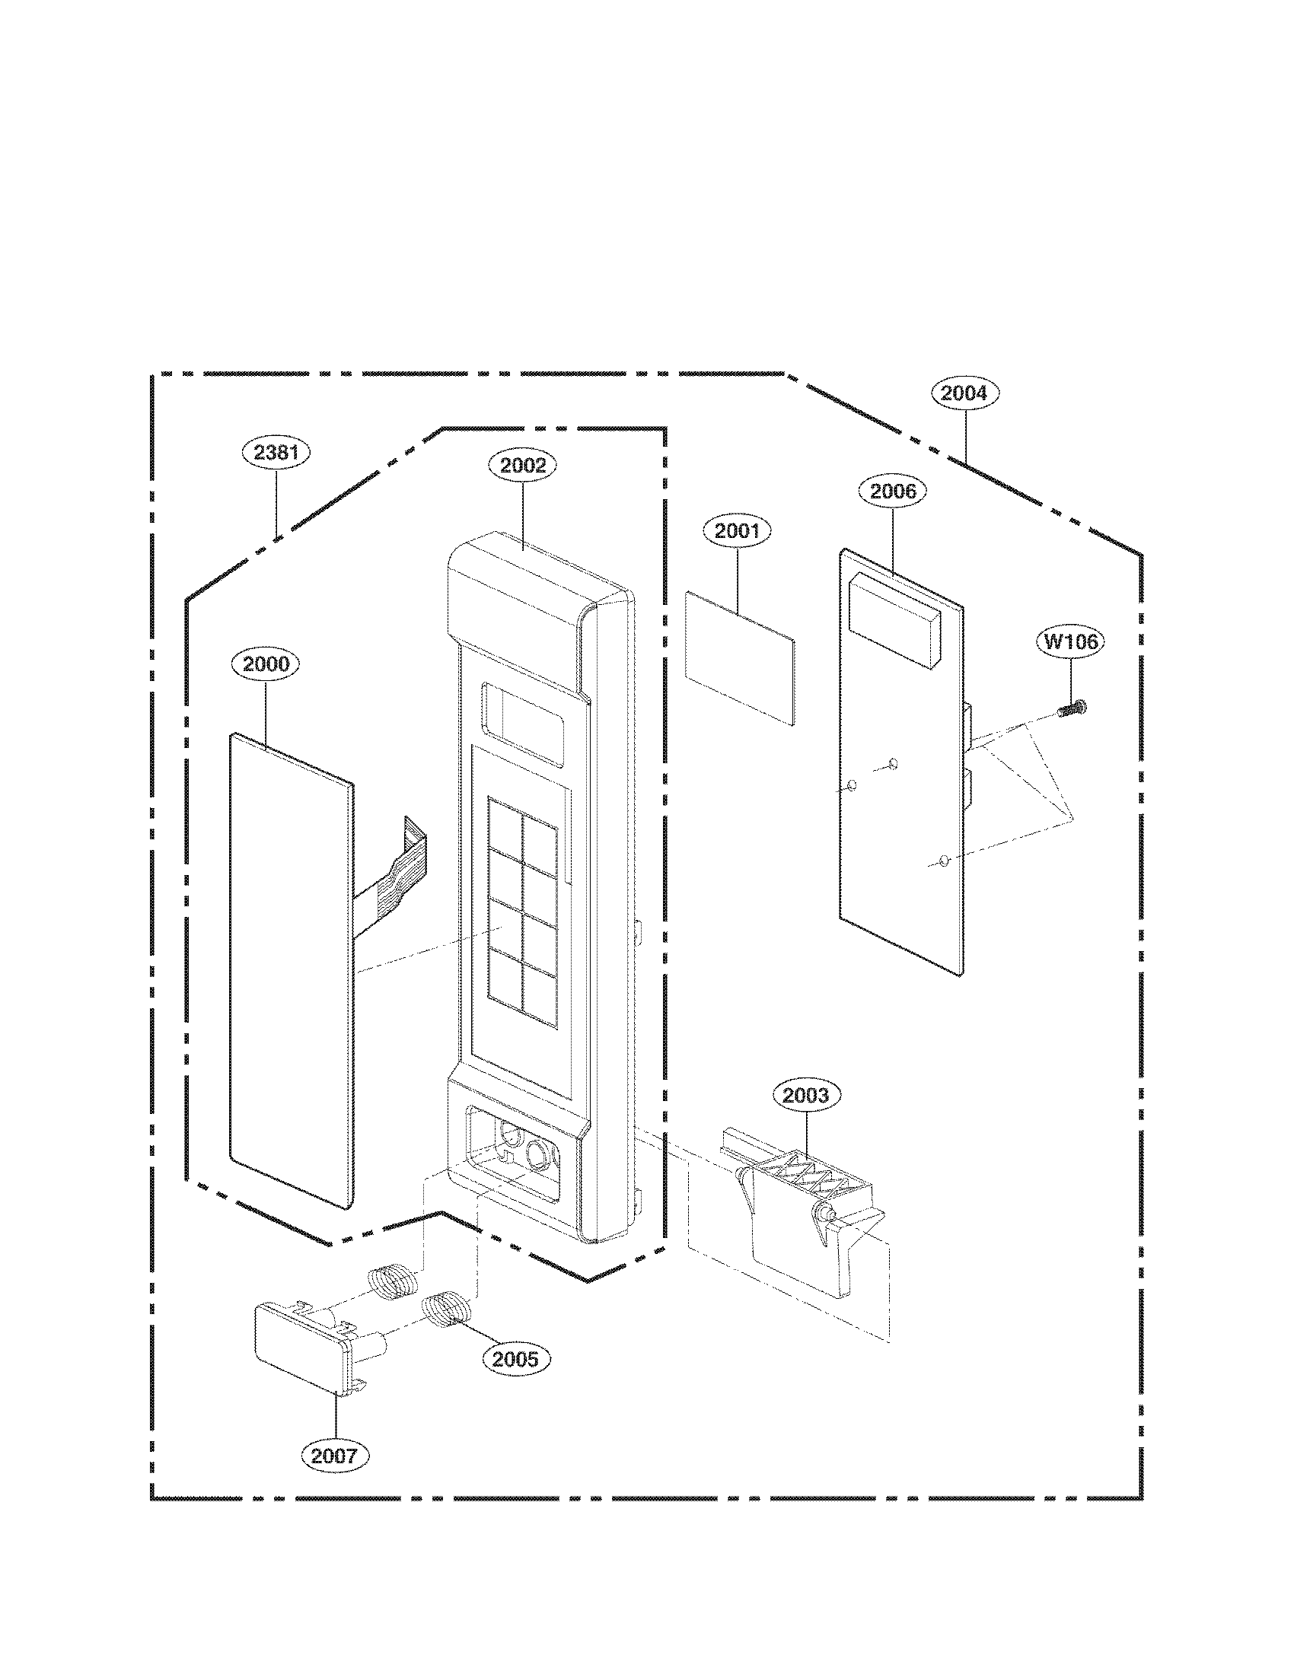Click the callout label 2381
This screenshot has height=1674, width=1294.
click(x=276, y=452)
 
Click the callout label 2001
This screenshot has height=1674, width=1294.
click(x=738, y=530)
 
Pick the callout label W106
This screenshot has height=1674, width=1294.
click(x=1072, y=641)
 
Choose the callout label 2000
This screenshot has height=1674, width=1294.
click(x=266, y=664)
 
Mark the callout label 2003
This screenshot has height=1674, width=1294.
click(x=805, y=1095)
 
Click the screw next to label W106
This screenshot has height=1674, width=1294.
click(x=1072, y=710)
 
